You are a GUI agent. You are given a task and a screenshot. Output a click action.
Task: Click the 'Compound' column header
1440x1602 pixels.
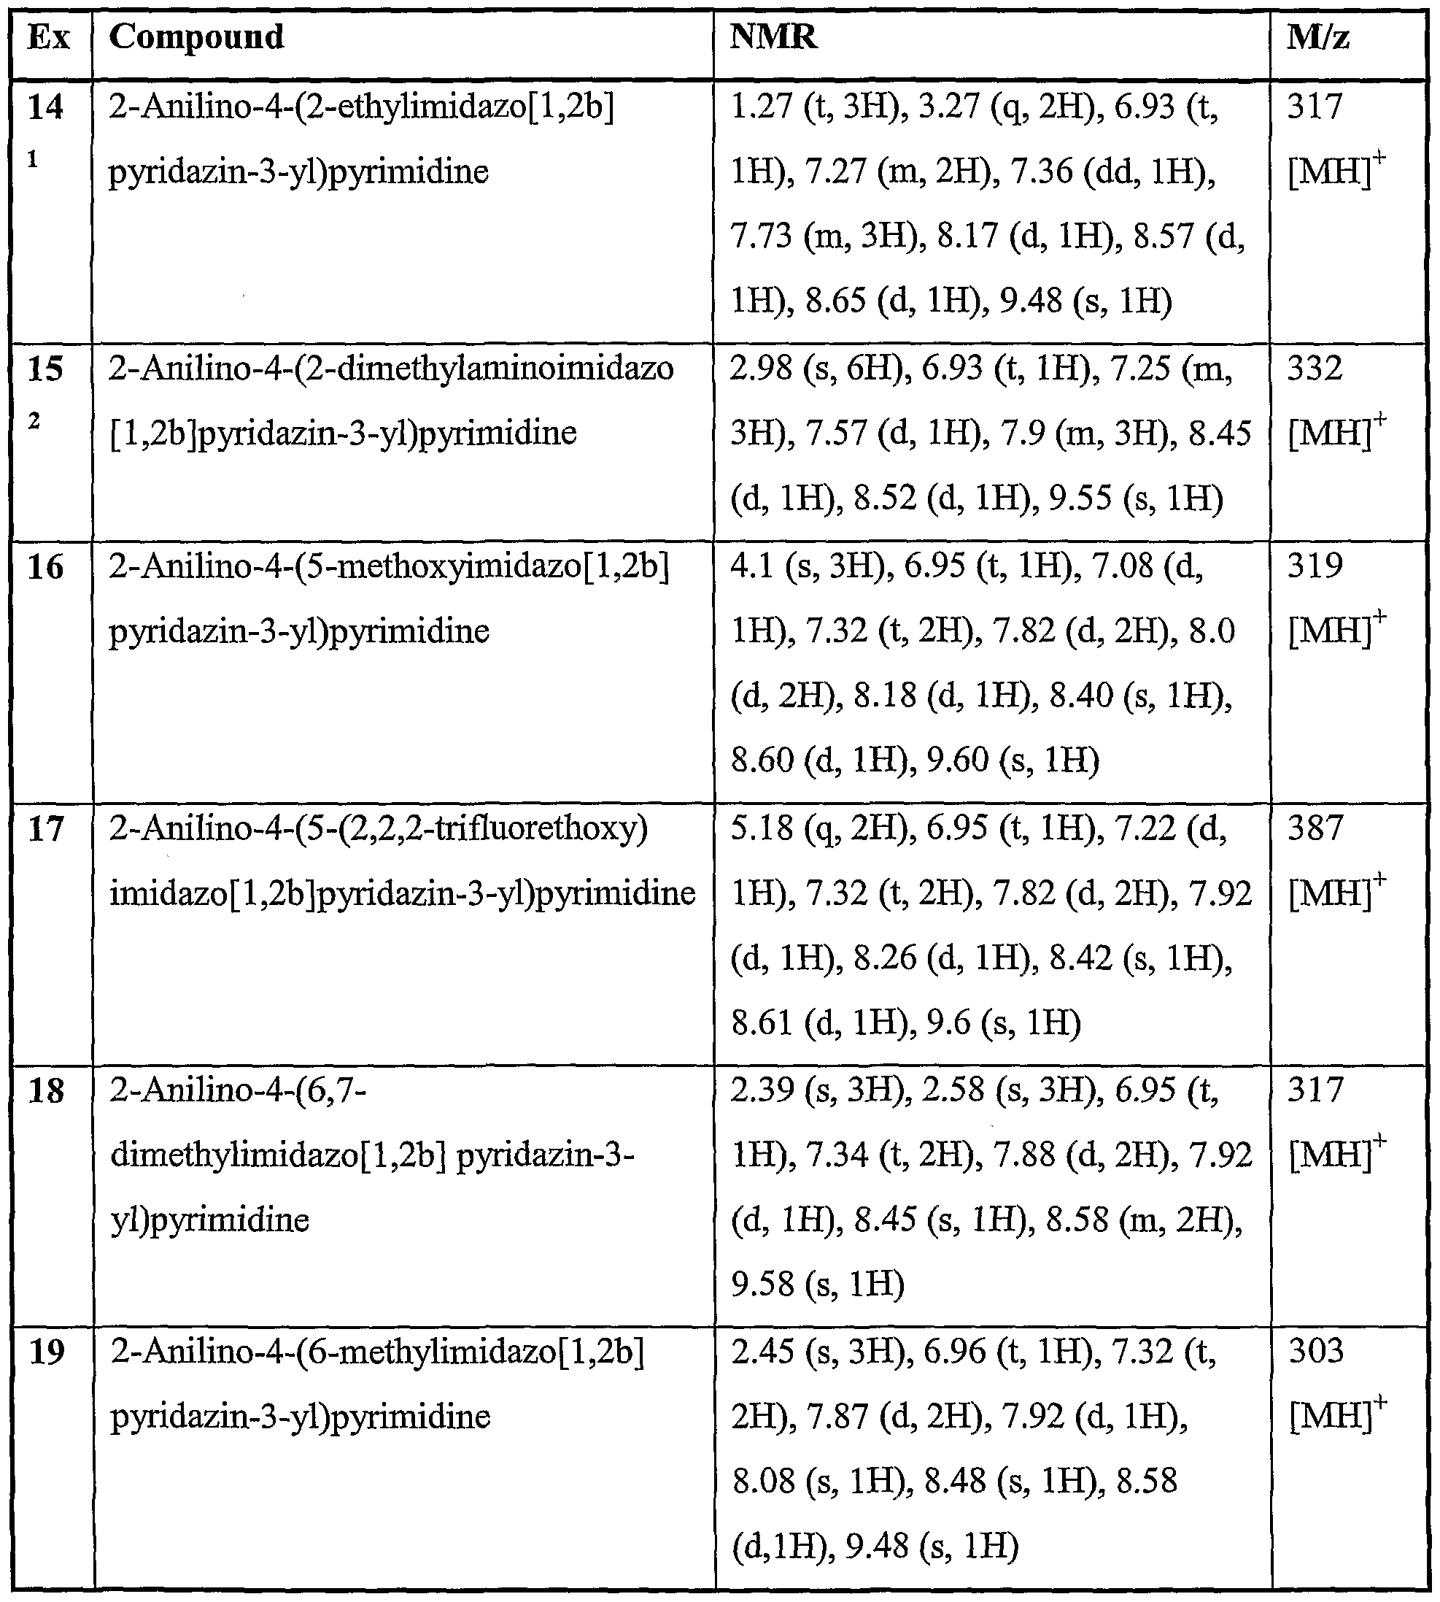196,37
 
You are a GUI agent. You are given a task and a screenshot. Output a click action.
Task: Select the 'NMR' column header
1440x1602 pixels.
773,37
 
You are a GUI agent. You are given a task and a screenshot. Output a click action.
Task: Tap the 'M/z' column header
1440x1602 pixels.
1318,37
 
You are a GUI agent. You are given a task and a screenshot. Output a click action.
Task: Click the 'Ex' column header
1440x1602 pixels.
48,37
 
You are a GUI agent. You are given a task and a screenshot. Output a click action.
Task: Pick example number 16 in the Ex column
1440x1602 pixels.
45,566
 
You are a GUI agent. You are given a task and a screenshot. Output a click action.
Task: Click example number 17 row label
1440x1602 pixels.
45,828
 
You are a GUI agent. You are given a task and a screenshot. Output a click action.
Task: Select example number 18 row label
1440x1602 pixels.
45,1090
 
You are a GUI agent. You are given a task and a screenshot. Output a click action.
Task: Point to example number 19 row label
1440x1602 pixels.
46,1351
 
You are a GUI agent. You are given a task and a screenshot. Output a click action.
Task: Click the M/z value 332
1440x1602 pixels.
1315,368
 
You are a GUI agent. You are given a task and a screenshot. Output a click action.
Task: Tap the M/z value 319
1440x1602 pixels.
1315,566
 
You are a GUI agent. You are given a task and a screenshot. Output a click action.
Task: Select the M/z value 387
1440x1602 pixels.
1315,828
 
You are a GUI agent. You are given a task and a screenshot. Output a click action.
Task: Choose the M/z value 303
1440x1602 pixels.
1315,1351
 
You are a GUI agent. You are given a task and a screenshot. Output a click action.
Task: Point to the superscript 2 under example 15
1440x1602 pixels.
34,421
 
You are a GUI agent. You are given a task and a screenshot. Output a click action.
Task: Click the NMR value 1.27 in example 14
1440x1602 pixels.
761,107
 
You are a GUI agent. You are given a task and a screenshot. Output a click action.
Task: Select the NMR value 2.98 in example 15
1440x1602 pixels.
761,368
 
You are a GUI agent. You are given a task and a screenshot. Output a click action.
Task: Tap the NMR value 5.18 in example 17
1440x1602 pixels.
761,828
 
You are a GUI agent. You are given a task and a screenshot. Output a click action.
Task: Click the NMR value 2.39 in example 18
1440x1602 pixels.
761,1090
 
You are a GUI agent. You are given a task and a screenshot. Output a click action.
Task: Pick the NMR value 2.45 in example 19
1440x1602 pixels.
761,1351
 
